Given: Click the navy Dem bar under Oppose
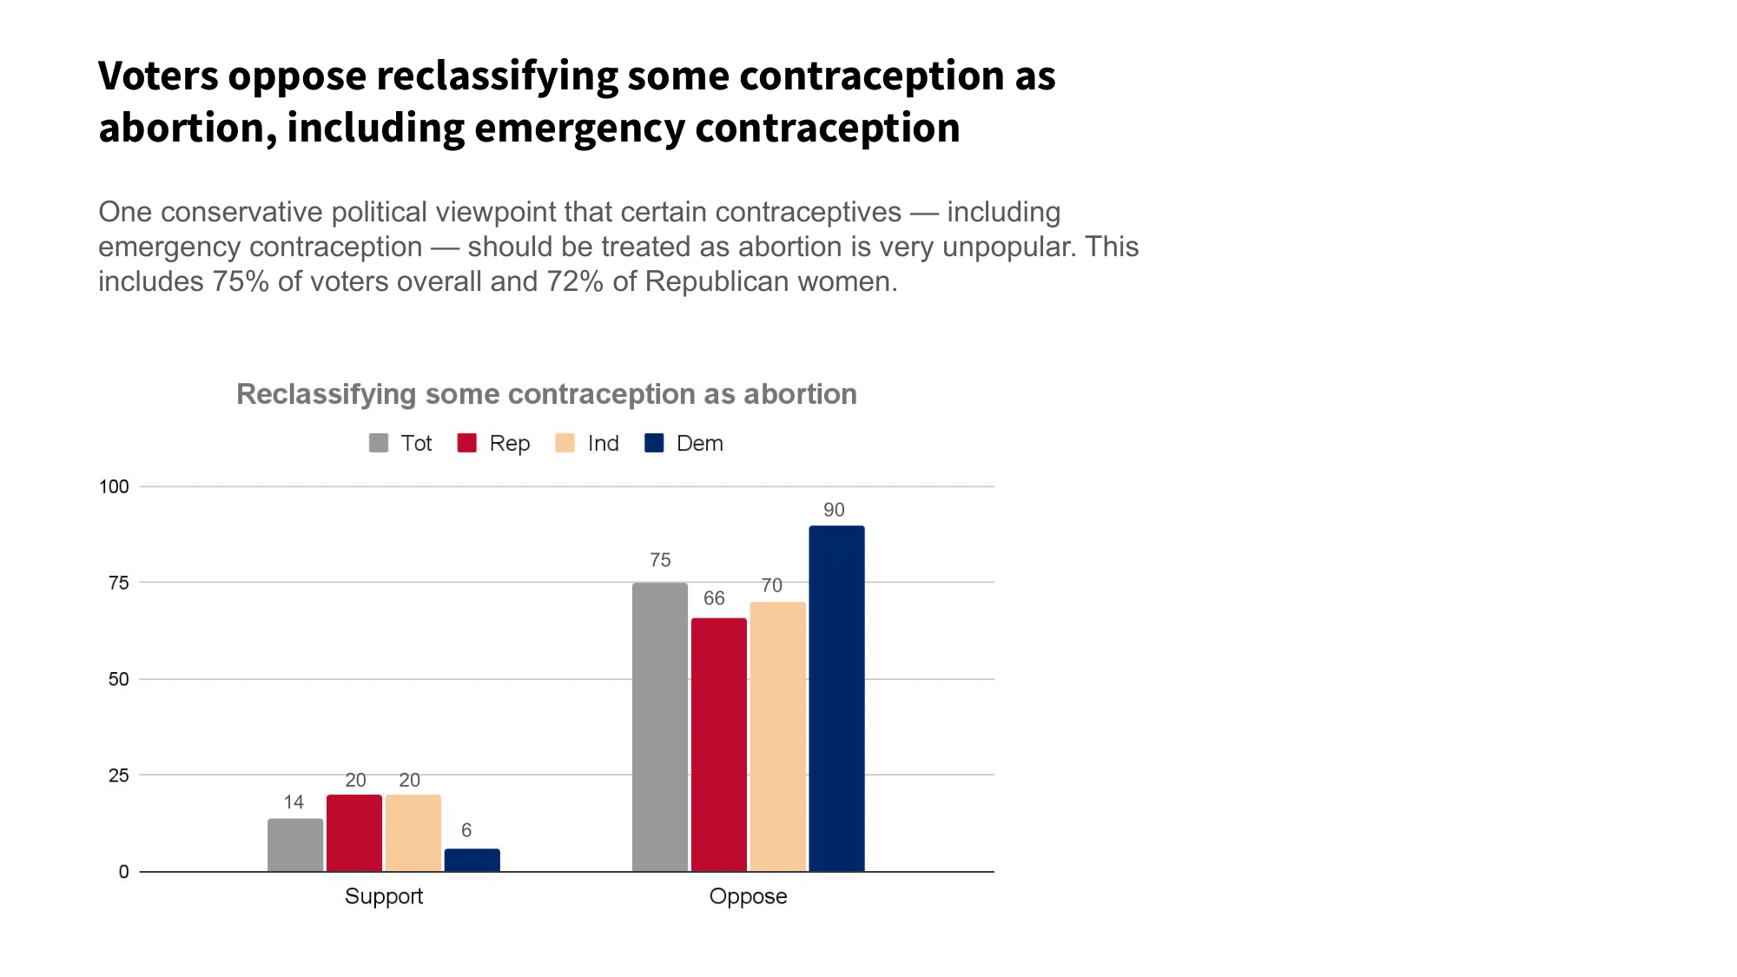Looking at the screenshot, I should pyautogui.click(x=836, y=698).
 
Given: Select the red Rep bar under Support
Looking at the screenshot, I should pyautogui.click(x=354, y=833).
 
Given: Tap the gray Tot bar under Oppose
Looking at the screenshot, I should pyautogui.click(x=660, y=727).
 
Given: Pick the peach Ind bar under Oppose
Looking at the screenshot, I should pyautogui.click(x=777, y=736).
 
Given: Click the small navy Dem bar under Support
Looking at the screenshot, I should pyautogui.click(x=472, y=860).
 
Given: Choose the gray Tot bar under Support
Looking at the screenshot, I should pyautogui.click(x=295, y=845).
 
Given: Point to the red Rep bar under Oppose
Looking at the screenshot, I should pyautogui.click(x=718, y=744).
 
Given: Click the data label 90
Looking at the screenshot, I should pyautogui.click(x=834, y=510).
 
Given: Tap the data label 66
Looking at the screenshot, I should pyautogui.click(x=714, y=598).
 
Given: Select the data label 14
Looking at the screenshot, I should pyautogui.click(x=294, y=802).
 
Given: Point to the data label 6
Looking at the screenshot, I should pyautogui.click(x=466, y=830).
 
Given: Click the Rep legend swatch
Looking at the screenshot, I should pyautogui.click(x=467, y=443).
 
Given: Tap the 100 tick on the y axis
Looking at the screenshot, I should pyautogui.click(x=114, y=486).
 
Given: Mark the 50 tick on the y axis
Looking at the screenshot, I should pyautogui.click(x=118, y=679).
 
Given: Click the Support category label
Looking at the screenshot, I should pyautogui.click(x=384, y=896).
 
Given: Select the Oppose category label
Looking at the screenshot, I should pyautogui.click(x=748, y=896).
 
